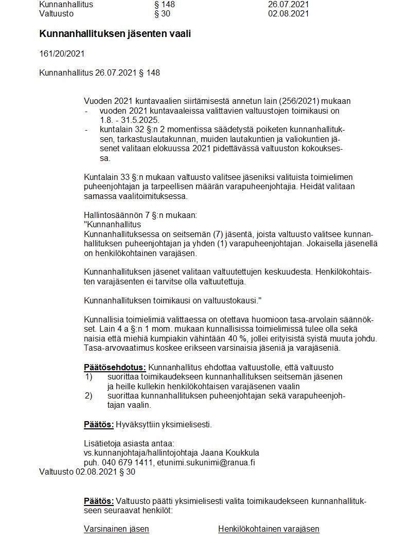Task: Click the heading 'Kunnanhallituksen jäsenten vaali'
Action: pos(111,34)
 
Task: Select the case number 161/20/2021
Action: pos(62,53)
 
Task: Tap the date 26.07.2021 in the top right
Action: pos(288,5)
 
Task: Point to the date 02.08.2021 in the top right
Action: pos(288,14)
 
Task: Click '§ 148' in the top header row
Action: pos(165,5)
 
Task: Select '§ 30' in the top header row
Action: pos(163,14)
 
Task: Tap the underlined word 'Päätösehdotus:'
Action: pos(115,368)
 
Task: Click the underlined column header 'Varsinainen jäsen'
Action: pos(116,529)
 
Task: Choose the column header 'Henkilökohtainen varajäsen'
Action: pos(268,529)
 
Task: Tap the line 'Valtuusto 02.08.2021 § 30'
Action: pos(87,472)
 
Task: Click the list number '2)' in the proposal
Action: pos(88,396)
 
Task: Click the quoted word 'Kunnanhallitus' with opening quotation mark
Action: pos(112,225)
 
